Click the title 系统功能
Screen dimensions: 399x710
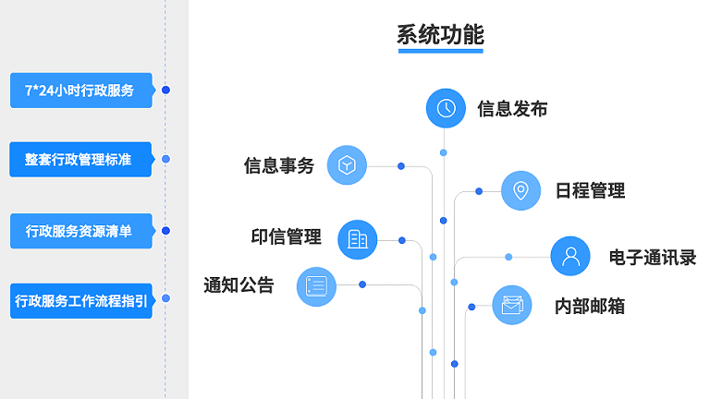(440, 35)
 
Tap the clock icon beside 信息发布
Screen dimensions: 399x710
(446, 108)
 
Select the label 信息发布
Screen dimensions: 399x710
(512, 109)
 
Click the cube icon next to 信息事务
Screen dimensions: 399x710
(347, 165)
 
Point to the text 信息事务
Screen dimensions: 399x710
(279, 165)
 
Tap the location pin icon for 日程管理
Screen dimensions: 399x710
(520, 190)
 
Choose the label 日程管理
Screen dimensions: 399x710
(590, 191)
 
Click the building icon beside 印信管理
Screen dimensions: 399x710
(358, 239)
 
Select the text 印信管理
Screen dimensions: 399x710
(287, 237)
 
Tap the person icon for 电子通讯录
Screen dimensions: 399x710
(570, 256)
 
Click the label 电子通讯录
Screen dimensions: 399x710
(653, 257)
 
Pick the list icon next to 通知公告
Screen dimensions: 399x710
(316, 285)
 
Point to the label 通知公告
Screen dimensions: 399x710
(239, 285)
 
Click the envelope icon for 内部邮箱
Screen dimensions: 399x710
(511, 306)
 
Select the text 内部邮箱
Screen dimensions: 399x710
(590, 306)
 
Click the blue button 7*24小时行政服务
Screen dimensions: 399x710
(80, 91)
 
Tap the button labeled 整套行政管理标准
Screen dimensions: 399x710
(80, 160)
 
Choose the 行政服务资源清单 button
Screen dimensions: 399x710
(80, 231)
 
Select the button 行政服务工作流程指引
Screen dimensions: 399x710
(80, 301)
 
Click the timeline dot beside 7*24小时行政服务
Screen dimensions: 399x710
(165, 91)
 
